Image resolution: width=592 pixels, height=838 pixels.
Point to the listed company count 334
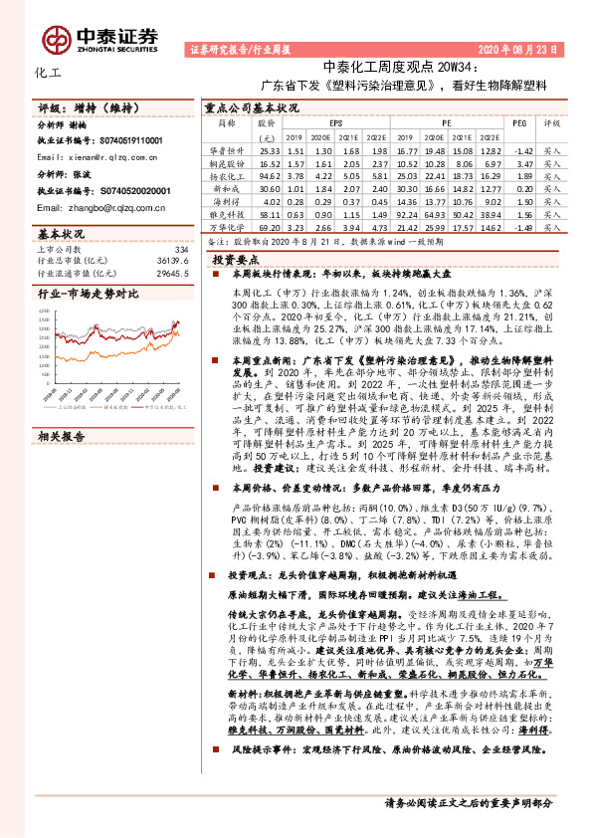coord(180,249)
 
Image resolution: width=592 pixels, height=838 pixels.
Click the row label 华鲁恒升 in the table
coord(226,150)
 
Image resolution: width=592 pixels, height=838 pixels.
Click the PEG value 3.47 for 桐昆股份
coord(525,162)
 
